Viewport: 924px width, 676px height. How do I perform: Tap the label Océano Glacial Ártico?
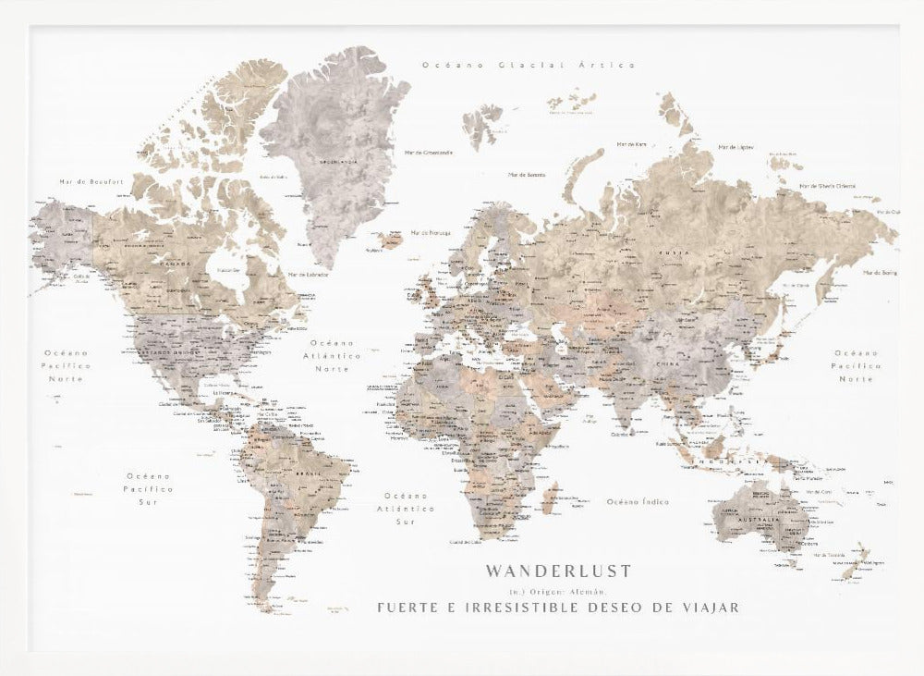click(528, 65)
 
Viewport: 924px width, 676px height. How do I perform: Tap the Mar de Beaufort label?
click(91, 182)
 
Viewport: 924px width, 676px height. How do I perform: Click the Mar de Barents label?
click(526, 173)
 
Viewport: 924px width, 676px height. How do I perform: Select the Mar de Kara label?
click(632, 144)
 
